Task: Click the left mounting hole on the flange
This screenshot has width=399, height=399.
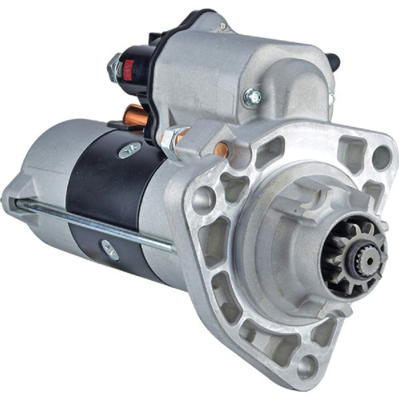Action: [x=203, y=197]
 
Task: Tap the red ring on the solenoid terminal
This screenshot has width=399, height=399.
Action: [x=124, y=69]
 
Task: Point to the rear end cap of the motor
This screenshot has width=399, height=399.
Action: [x=32, y=176]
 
